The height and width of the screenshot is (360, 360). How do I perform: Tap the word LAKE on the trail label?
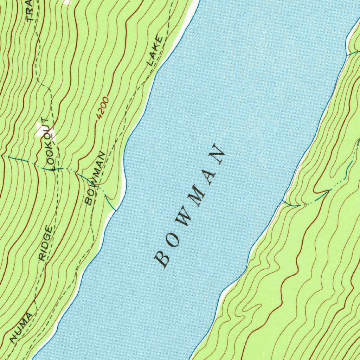[x=155, y=51]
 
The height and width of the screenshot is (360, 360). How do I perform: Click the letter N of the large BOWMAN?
[x=217, y=154]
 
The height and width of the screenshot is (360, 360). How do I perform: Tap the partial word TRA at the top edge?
[x=30, y=11]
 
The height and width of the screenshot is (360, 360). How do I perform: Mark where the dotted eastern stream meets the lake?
[x=283, y=201]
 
